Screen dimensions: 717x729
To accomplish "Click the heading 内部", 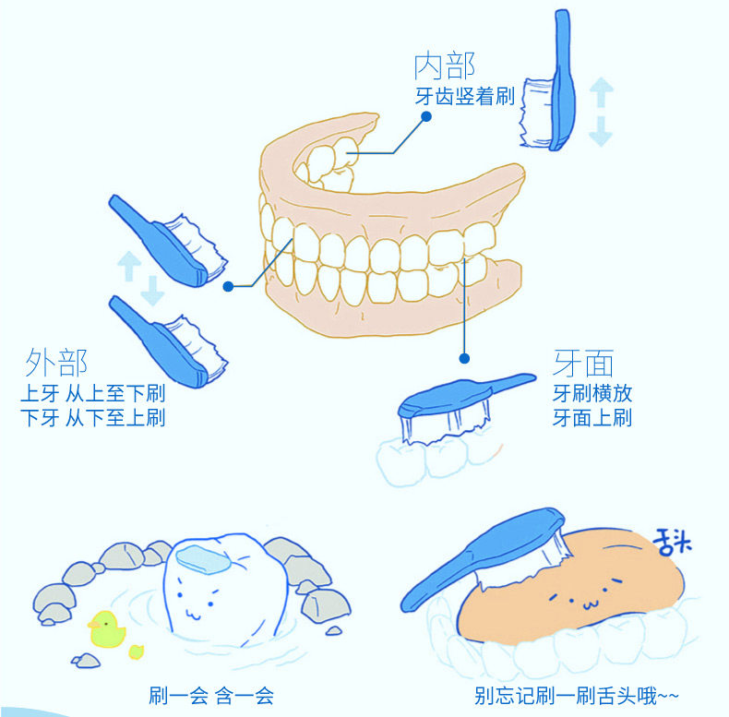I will click(444, 67).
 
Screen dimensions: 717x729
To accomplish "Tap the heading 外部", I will click(57, 362).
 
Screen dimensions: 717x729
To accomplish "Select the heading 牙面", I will click(583, 363).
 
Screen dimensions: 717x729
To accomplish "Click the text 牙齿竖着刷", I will click(465, 96).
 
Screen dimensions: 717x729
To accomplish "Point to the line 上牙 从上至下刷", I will click(92, 392).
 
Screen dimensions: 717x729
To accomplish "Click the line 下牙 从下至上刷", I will click(92, 418).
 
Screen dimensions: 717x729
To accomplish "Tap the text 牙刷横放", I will click(592, 392).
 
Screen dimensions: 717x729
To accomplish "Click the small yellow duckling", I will click(137, 651).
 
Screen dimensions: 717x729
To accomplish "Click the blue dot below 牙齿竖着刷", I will click(425, 116).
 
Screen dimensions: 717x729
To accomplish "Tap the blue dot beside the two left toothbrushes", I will click(228, 287).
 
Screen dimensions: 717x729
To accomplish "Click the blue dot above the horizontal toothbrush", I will click(464, 358).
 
